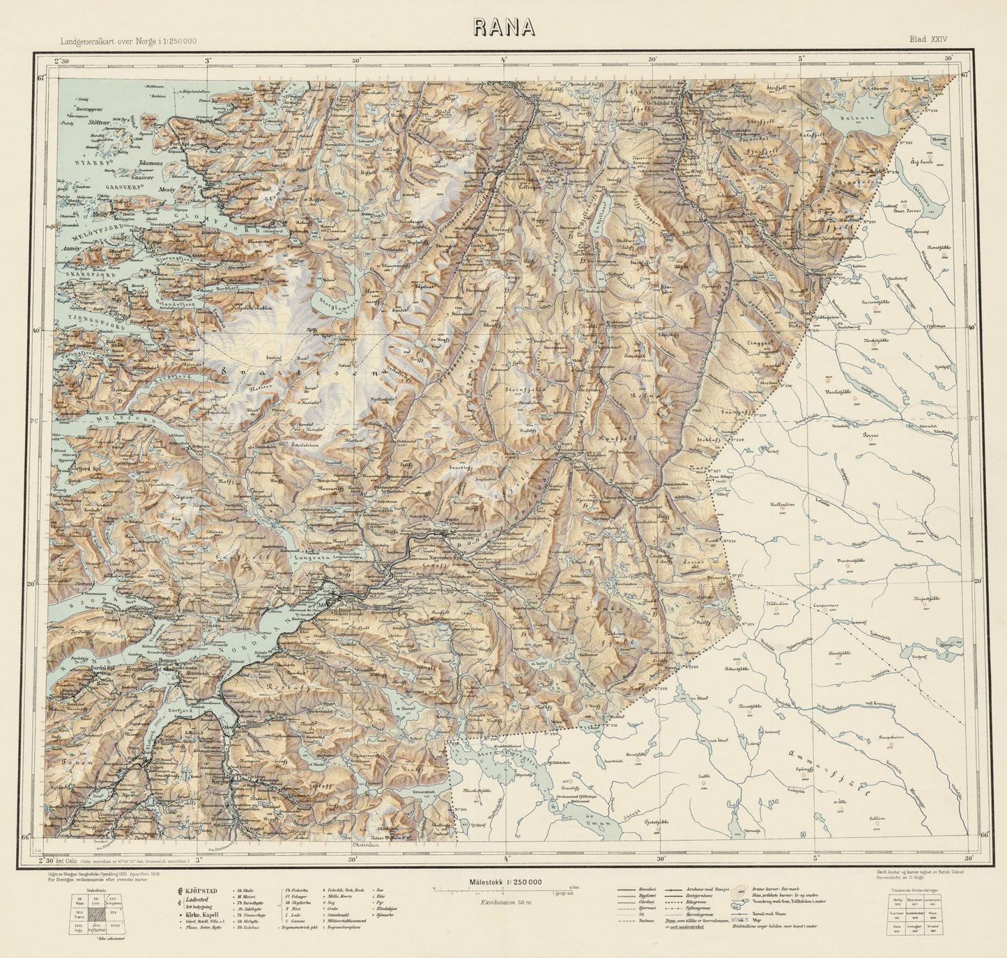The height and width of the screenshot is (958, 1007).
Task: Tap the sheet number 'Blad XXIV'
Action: tap(928, 40)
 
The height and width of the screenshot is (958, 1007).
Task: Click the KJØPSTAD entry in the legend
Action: tap(201, 890)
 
